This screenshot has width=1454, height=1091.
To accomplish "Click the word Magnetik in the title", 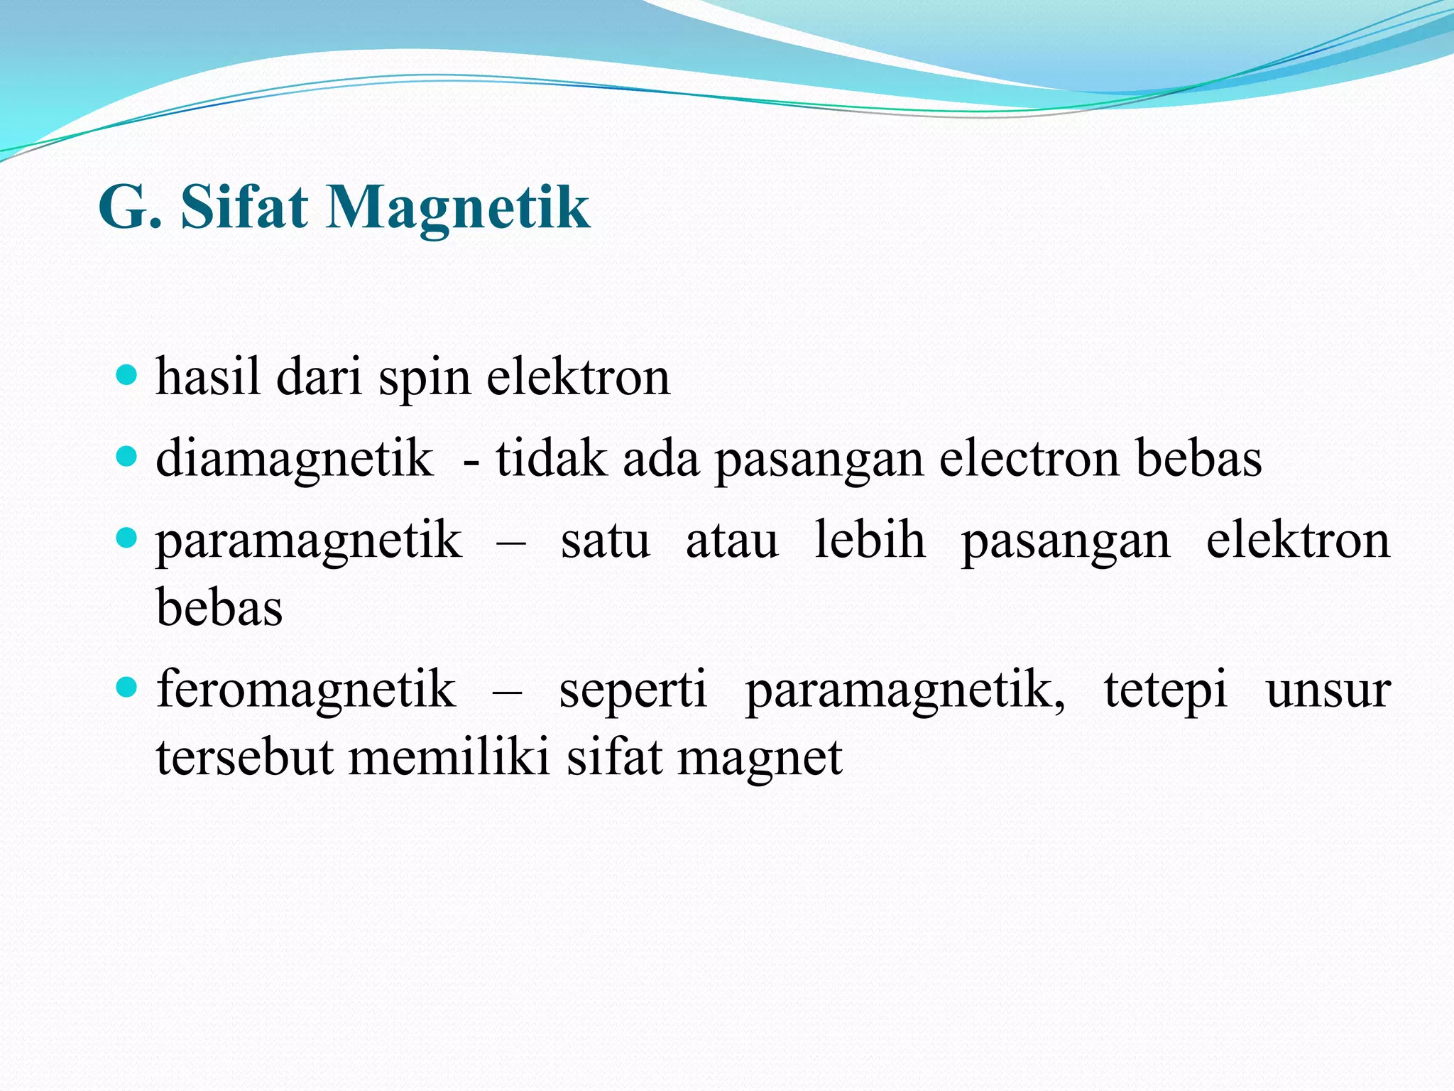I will pos(457,207).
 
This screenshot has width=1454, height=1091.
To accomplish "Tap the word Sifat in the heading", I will pos(244,207).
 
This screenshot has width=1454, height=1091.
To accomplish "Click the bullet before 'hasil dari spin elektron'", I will pos(126,374).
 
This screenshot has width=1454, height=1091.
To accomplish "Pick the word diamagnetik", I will pos(294,459).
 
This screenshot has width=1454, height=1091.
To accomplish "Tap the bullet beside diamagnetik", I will pos(126,456).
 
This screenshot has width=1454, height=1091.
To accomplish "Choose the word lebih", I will pos(870,540).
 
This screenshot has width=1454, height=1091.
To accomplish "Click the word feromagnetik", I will pos(305,689).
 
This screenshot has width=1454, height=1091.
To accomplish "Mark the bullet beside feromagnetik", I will pos(126,687).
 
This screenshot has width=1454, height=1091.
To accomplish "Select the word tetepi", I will pos(1165,689).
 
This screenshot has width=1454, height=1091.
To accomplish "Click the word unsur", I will pos(1328,690).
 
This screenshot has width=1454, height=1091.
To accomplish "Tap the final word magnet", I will pos(760,759).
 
